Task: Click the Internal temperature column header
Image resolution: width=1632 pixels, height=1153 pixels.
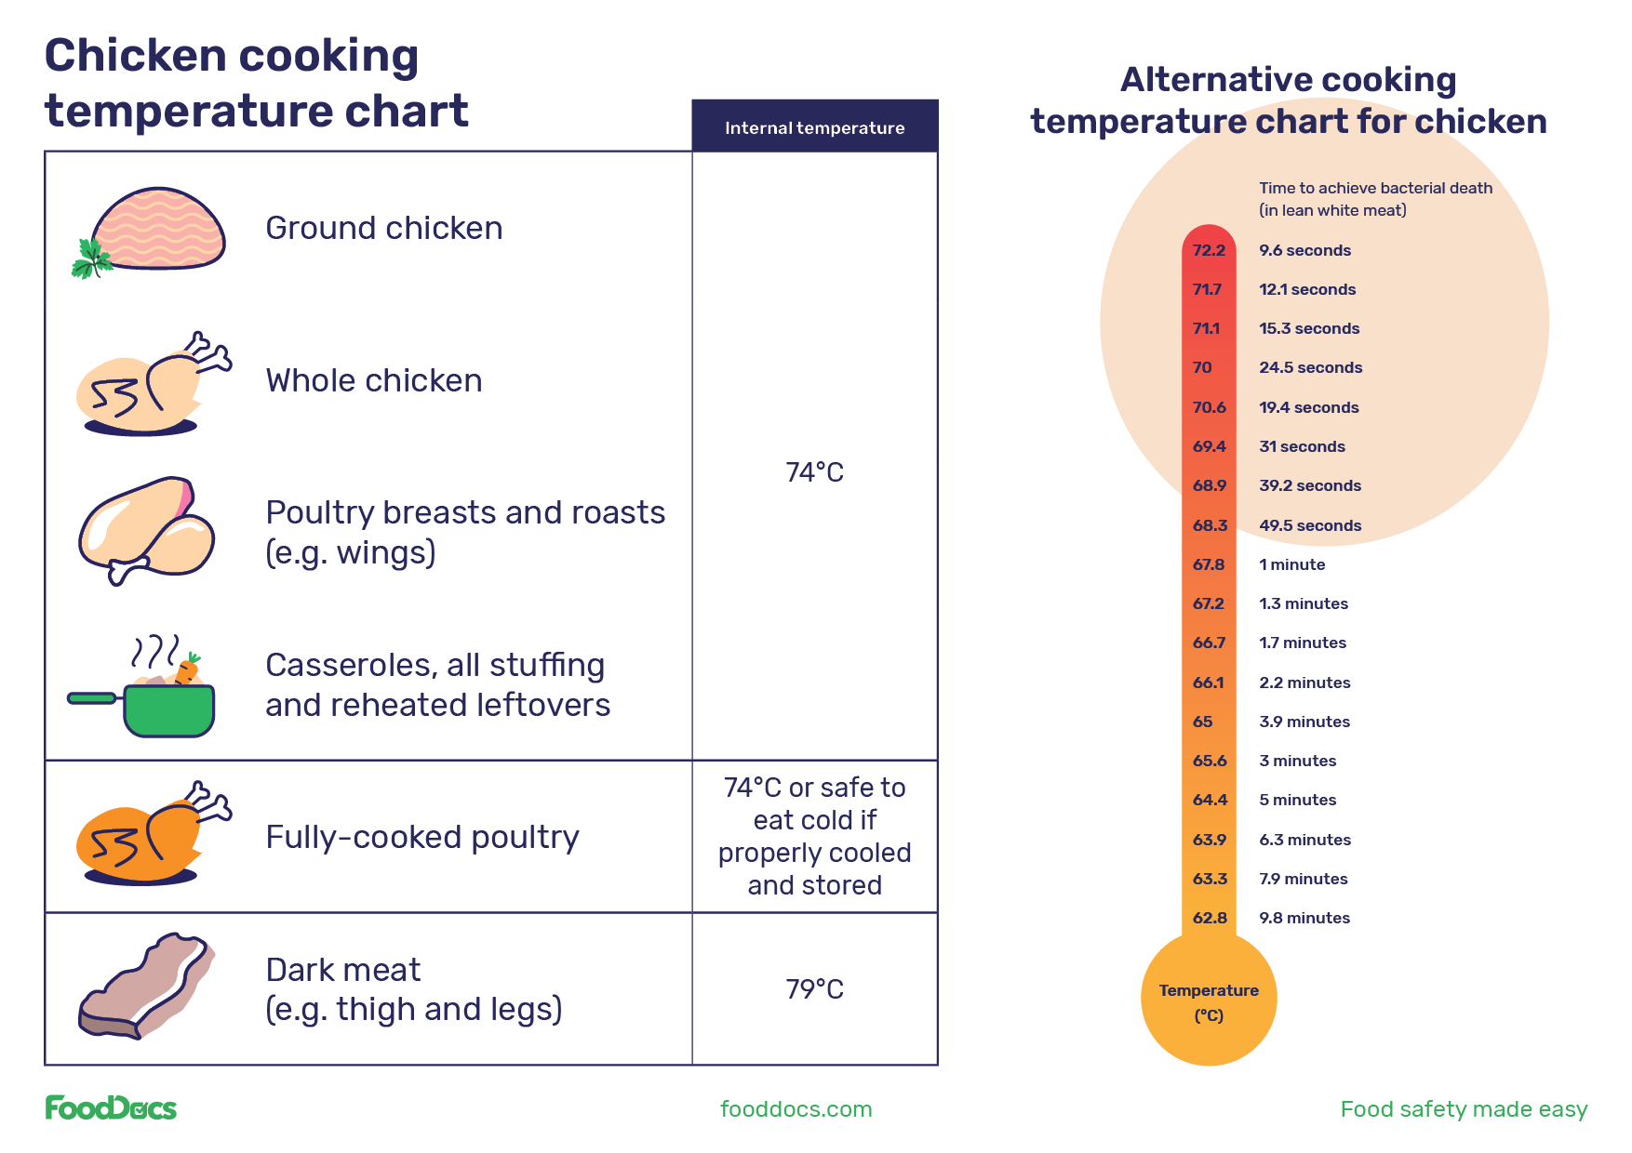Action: [x=814, y=127]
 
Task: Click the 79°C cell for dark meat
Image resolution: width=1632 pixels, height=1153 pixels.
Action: [x=814, y=988]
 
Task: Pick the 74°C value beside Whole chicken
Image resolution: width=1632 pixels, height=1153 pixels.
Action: [x=814, y=472]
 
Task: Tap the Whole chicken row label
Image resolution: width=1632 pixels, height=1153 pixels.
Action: [x=373, y=380]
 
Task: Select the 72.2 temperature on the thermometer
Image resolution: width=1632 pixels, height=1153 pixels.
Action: [x=1209, y=250]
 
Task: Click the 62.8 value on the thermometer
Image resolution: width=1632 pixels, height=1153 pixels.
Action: [x=1209, y=918]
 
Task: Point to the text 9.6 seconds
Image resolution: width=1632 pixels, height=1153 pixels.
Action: [x=1304, y=250]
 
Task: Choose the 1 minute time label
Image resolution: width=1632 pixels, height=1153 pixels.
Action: [x=1291, y=564]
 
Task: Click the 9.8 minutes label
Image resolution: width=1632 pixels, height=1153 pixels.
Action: [x=1304, y=918]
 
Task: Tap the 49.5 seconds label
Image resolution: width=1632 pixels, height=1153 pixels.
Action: [x=1310, y=525]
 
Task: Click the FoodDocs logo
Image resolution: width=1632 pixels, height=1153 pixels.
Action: [x=111, y=1108]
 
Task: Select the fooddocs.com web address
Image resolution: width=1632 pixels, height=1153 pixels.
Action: [x=796, y=1109]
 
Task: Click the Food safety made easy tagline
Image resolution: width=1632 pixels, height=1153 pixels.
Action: [x=1464, y=1109]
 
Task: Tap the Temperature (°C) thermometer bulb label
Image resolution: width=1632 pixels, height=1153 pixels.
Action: [x=1209, y=1002]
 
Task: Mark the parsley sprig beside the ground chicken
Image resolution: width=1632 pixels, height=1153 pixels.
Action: [x=90, y=258]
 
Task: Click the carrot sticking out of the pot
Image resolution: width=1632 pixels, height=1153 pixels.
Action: [x=188, y=669]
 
